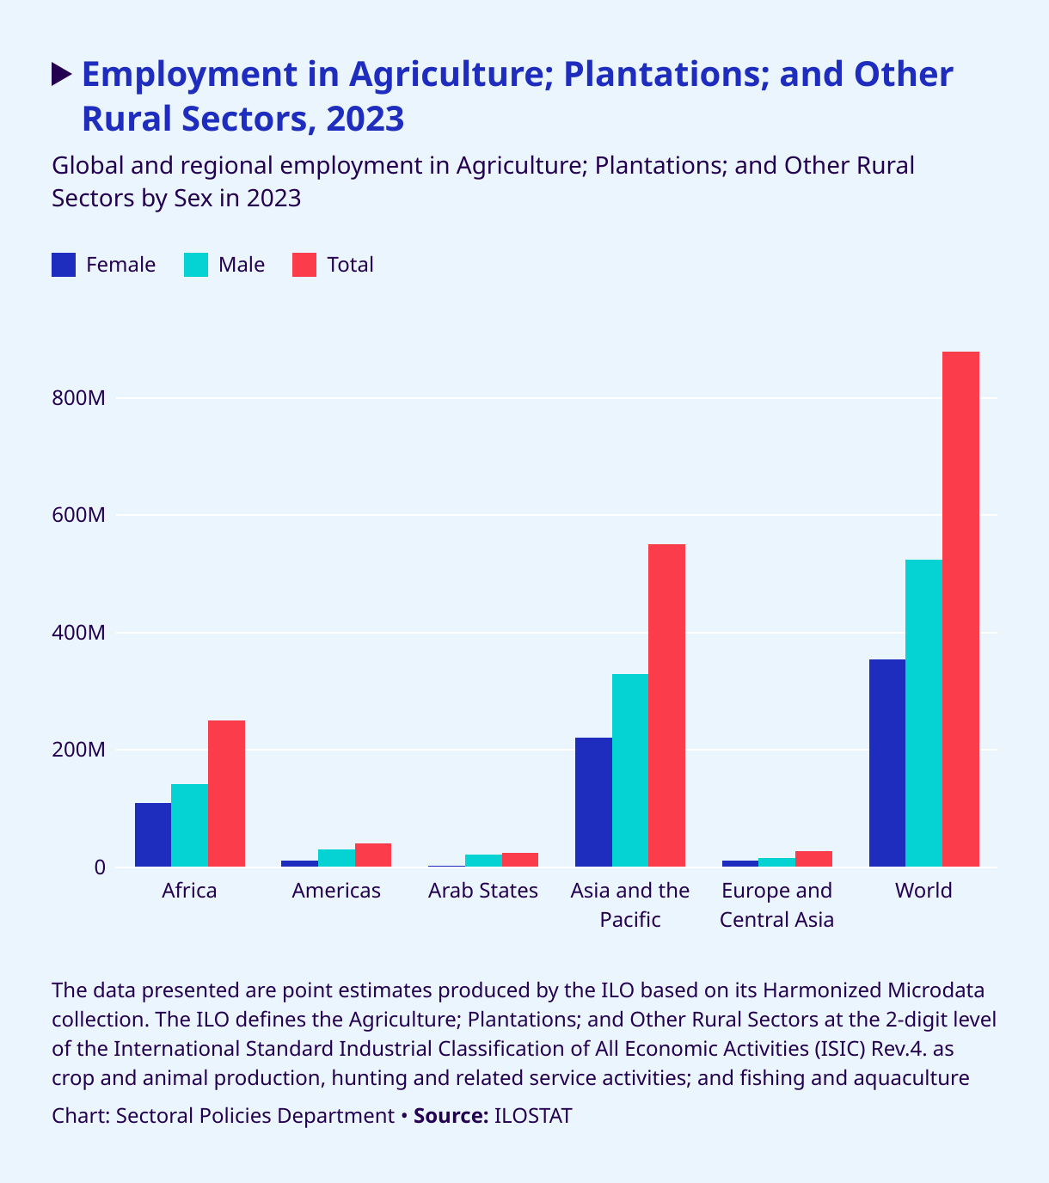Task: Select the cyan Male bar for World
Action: click(923, 713)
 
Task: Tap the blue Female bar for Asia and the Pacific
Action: click(593, 802)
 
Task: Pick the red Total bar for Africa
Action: click(226, 794)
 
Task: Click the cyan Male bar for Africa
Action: click(189, 825)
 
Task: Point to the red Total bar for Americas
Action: click(373, 855)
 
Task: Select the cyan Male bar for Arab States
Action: click(483, 861)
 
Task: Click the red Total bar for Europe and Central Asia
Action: click(813, 859)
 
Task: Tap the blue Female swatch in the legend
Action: click(64, 265)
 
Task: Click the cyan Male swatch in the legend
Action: click(197, 265)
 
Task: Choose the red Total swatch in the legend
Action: click(305, 265)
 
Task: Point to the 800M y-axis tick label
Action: click(78, 399)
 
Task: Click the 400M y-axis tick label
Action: click(78, 634)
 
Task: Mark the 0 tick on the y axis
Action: click(100, 868)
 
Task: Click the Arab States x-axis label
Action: click(483, 891)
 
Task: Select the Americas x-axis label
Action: click(336, 891)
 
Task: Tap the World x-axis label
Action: click(923, 891)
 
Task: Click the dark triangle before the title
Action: click(61, 75)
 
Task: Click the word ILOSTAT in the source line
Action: click(533, 1116)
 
